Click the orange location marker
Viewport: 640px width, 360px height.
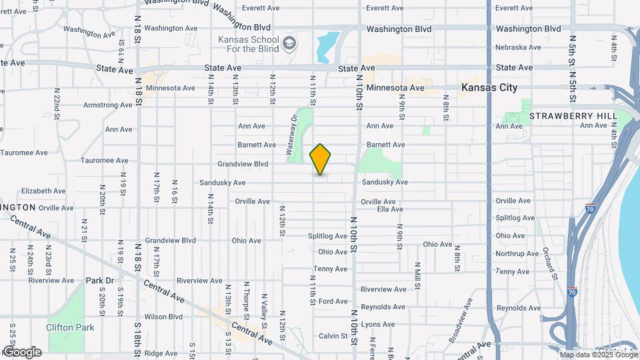(x=321, y=159)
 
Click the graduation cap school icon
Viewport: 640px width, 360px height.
(x=289, y=44)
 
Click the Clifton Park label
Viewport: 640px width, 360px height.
(x=70, y=327)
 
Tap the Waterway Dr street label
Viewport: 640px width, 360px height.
(x=293, y=135)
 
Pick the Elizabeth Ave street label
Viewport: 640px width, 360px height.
(x=43, y=191)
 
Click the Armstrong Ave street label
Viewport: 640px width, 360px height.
(x=107, y=105)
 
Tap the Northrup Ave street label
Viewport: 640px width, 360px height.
(x=517, y=254)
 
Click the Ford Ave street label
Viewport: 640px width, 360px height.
(x=333, y=301)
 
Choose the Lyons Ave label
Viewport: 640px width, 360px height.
(x=379, y=325)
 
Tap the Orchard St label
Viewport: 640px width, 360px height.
(x=550, y=263)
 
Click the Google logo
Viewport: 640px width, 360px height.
(x=21, y=352)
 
